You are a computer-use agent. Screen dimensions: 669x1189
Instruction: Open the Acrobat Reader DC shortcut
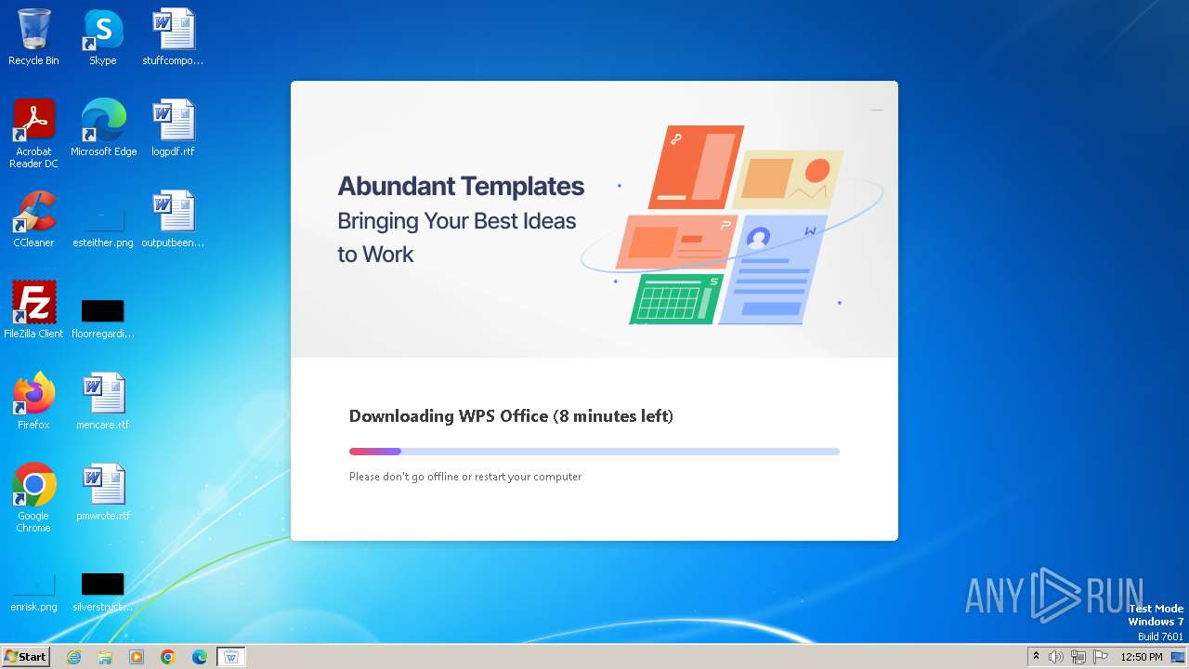pos(33,121)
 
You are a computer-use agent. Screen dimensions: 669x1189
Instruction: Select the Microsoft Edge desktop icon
pos(103,121)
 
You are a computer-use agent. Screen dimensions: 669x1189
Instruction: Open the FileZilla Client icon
pos(33,303)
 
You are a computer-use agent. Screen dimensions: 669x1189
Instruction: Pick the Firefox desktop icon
pos(33,394)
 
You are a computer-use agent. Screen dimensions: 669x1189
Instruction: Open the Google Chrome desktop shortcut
pos(33,485)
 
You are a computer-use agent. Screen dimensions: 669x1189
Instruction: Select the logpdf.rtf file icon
pos(173,121)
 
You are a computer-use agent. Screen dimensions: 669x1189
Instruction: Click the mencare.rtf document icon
pos(103,394)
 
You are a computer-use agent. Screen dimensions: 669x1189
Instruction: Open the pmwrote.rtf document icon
pos(103,485)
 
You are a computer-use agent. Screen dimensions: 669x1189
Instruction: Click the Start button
pos(25,657)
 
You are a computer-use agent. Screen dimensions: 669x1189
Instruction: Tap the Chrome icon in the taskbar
pos(168,657)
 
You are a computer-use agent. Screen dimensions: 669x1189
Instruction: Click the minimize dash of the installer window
pos(876,110)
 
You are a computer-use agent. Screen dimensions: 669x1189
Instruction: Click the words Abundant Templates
pos(461,187)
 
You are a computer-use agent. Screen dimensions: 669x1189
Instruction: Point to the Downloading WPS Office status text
pos(511,416)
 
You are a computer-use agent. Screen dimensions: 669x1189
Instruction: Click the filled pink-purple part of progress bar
pos(375,452)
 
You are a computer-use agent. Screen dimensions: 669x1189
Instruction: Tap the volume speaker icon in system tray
pos(1056,657)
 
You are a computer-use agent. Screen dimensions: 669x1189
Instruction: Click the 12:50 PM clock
pos(1142,657)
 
